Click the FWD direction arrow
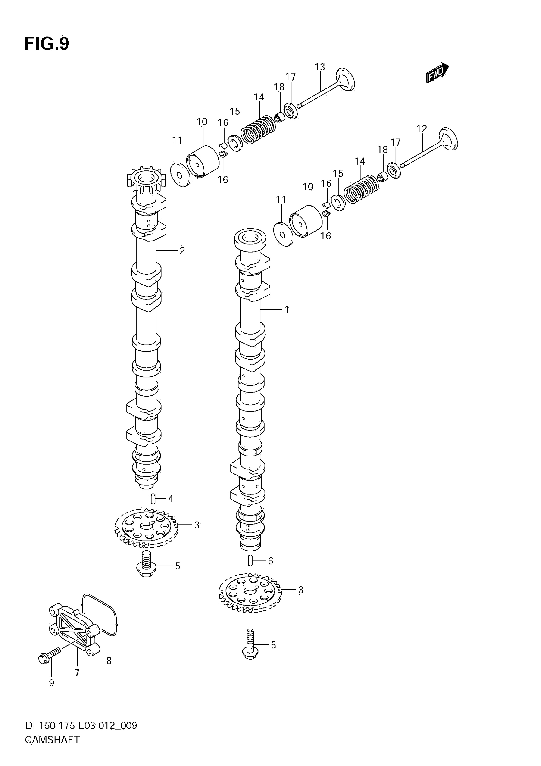(437, 72)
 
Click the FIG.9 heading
(47, 44)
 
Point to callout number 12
(421, 129)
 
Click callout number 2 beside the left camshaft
(182, 251)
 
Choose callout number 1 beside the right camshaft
(286, 310)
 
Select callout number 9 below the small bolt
(51, 683)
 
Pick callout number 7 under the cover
(77, 673)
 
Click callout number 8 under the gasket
(109, 661)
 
